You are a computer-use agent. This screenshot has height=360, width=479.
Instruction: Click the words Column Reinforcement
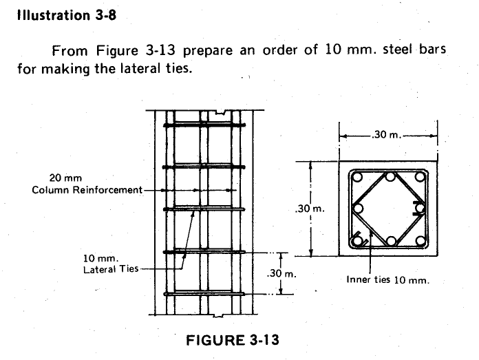(x=86, y=189)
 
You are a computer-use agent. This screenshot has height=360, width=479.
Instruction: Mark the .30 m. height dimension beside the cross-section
(x=308, y=209)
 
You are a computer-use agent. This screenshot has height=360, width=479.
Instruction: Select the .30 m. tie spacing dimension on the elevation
(x=280, y=274)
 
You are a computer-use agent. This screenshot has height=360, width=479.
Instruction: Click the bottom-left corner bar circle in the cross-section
(x=357, y=241)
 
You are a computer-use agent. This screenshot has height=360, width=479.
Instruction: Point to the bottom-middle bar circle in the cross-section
(x=390, y=241)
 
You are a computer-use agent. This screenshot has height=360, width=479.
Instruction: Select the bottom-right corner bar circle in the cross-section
(x=421, y=241)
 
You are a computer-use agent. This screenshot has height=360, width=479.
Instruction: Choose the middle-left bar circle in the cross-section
(x=357, y=209)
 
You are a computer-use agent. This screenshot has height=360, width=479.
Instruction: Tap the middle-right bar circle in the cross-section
(x=421, y=209)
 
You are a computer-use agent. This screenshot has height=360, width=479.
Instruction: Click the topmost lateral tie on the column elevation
(x=204, y=125)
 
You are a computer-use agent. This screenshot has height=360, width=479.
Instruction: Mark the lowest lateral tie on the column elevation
(x=204, y=294)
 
